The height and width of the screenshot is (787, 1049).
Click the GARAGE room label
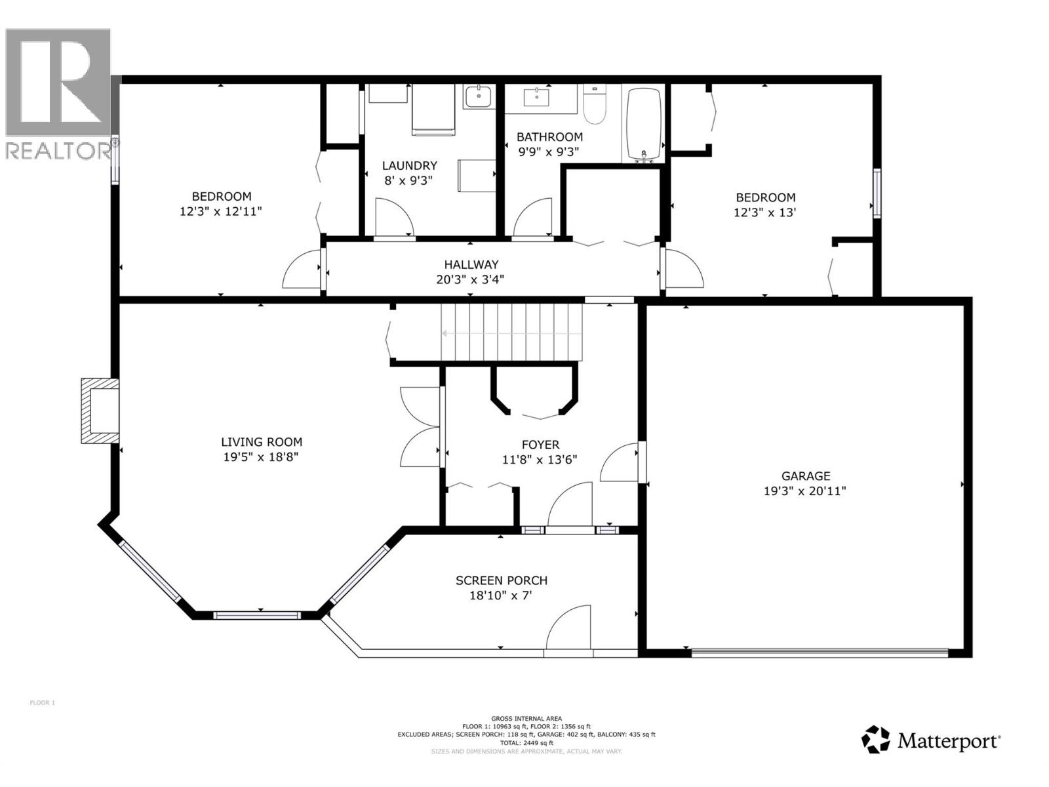click(805, 476)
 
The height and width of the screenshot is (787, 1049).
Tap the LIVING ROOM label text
click(261, 442)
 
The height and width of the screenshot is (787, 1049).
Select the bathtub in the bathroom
click(644, 123)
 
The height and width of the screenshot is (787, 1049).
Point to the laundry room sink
click(479, 96)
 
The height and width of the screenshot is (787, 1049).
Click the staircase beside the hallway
click(511, 333)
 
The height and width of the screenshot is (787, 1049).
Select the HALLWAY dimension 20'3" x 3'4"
click(471, 279)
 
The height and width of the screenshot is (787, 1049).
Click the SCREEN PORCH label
click(501, 580)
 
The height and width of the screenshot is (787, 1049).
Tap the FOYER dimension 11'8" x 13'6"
click(540, 460)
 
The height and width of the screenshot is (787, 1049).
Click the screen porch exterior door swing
click(569, 628)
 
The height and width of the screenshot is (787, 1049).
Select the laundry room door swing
click(392, 218)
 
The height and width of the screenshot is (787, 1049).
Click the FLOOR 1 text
click(42, 703)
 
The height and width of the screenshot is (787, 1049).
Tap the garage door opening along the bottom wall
click(820, 652)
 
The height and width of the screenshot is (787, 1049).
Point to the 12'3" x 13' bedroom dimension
click(764, 212)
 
